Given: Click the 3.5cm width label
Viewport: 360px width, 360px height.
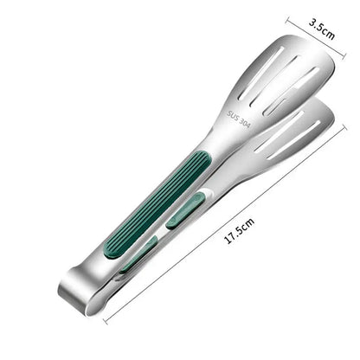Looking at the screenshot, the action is pyautogui.click(x=322, y=29).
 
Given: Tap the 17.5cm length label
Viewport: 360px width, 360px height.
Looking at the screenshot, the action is pyautogui.click(x=239, y=231).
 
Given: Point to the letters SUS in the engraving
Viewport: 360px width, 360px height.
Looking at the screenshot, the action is pyautogui.click(x=233, y=116).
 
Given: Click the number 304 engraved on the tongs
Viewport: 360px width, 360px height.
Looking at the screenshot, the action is pyautogui.click(x=245, y=123).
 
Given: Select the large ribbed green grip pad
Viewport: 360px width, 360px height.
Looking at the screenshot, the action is pyautogui.click(x=157, y=205).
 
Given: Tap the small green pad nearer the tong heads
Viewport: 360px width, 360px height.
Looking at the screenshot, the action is pyautogui.click(x=186, y=211).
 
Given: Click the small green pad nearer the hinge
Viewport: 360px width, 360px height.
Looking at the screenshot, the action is pyautogui.click(x=138, y=254).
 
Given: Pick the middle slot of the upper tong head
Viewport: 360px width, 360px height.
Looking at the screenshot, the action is pyautogui.click(x=273, y=80).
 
